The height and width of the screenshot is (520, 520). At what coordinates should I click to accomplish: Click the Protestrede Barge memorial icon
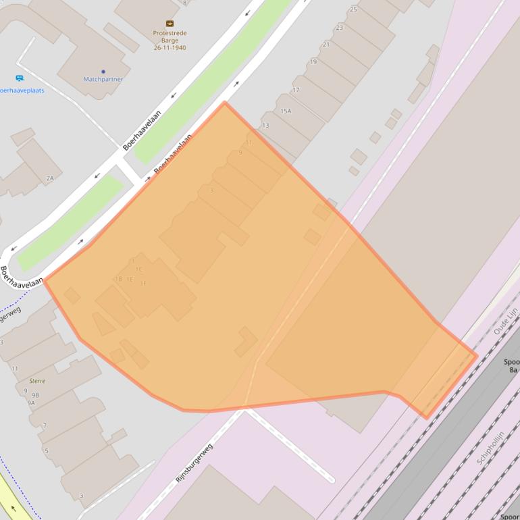[x=169, y=24]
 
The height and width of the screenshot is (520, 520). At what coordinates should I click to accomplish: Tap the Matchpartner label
[x=103, y=79]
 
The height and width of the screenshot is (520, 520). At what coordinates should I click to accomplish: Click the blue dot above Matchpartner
[x=103, y=71]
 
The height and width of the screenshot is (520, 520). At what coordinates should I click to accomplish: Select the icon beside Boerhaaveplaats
[x=20, y=78]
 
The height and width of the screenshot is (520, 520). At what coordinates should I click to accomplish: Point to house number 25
[x=353, y=9]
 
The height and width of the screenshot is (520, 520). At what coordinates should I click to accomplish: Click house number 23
[x=339, y=28]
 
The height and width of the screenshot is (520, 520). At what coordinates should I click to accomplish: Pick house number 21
[x=326, y=45]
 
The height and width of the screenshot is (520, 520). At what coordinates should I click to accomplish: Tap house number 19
[x=313, y=62]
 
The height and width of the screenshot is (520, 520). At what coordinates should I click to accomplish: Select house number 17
[x=295, y=90]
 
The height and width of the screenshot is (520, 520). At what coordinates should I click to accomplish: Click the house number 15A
[x=286, y=111]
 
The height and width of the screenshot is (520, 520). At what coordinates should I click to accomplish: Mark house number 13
[x=265, y=126]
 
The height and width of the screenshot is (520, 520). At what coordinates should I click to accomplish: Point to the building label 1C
[x=138, y=269]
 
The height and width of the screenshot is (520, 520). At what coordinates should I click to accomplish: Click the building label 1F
[x=142, y=283]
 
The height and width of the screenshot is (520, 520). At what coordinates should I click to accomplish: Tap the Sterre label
[x=37, y=381]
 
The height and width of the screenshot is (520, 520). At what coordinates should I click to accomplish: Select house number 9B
[x=35, y=395]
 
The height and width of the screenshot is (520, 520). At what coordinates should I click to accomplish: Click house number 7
[x=45, y=425]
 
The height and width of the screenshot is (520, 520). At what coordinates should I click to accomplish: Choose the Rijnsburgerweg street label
[x=194, y=463]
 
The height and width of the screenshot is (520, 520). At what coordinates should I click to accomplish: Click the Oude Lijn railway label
[x=505, y=321]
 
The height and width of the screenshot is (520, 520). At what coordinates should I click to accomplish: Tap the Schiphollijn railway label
[x=491, y=447]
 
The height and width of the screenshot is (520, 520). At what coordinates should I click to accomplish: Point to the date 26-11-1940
[x=169, y=48]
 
